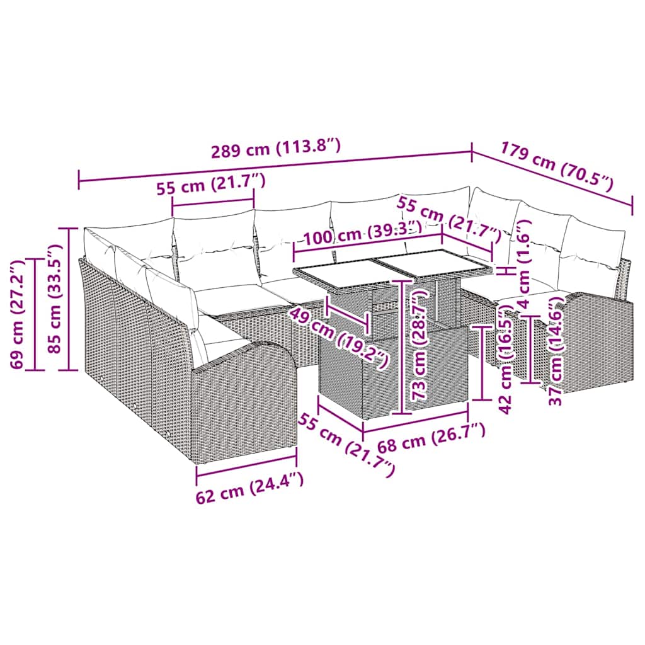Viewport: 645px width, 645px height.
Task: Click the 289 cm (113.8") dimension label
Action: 276,149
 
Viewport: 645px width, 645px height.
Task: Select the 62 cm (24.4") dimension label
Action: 250,488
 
